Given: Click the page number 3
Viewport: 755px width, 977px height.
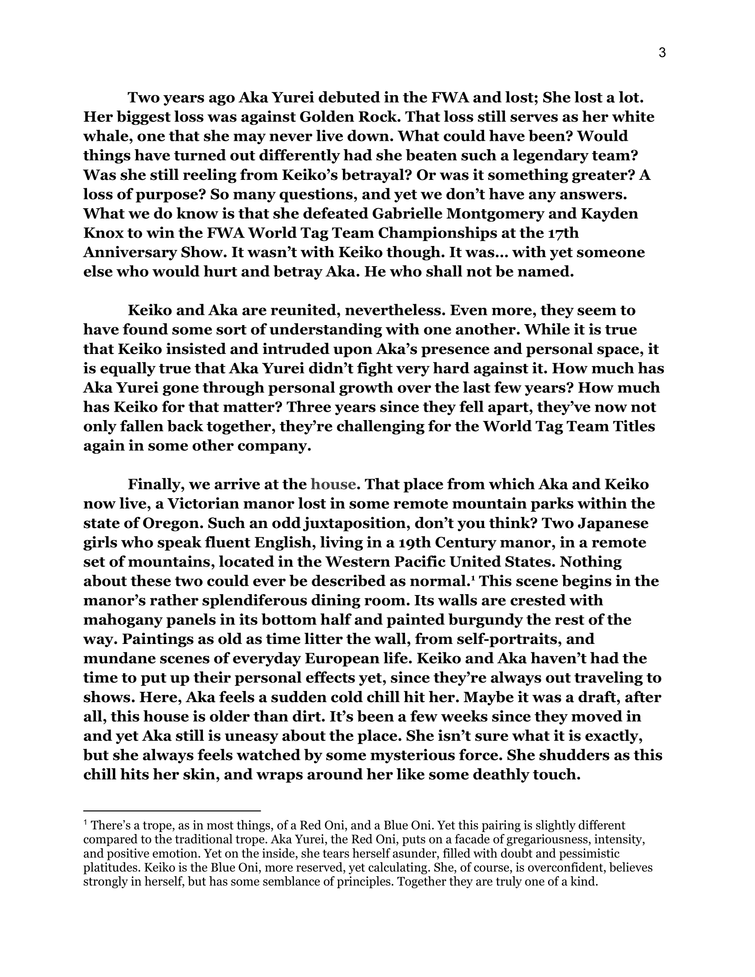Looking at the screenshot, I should (x=663, y=53).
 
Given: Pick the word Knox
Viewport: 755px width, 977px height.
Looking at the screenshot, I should (x=103, y=234).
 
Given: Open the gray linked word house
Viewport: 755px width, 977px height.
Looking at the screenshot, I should (x=333, y=485).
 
